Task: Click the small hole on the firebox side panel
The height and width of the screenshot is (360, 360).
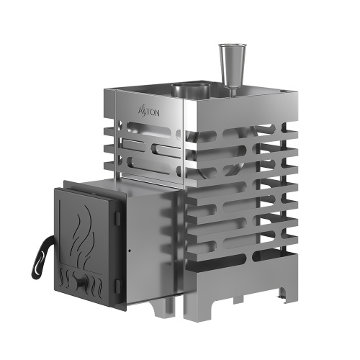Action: pyautogui.click(x=129, y=251)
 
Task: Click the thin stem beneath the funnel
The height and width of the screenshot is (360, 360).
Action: pyautogui.click(x=233, y=82)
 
